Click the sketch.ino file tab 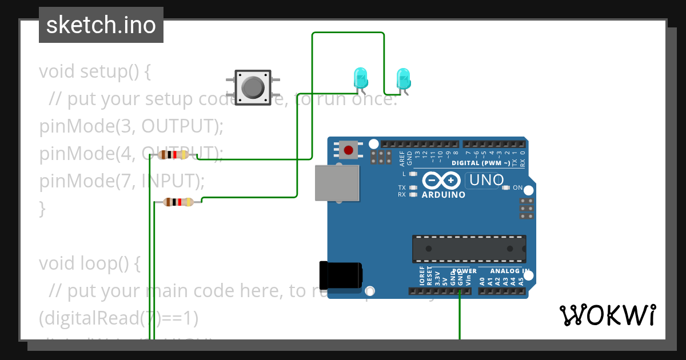[101, 25]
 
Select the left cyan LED [360, 77]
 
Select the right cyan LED [403, 78]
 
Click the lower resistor [178, 201]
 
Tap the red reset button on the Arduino [348, 150]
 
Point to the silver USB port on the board [337, 183]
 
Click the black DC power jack [340, 275]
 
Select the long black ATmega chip [469, 247]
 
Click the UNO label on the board [485, 181]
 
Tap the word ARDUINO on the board [443, 195]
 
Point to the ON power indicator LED [506, 187]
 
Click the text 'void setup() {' [95, 72]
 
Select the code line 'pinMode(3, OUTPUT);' [131, 126]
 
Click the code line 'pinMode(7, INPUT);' [122, 181]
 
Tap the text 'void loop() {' [90, 263]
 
